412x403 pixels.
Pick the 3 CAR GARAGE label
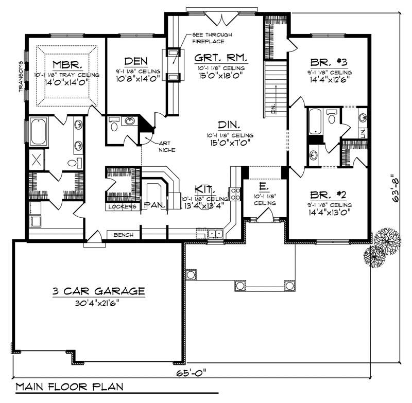98,291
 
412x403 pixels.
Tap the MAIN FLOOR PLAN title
68,386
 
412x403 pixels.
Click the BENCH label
124,235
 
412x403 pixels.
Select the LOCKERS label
122,206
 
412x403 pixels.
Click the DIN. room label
227,125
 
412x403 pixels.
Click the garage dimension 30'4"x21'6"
98,304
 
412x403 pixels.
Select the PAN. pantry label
154,205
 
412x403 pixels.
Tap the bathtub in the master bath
39,132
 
